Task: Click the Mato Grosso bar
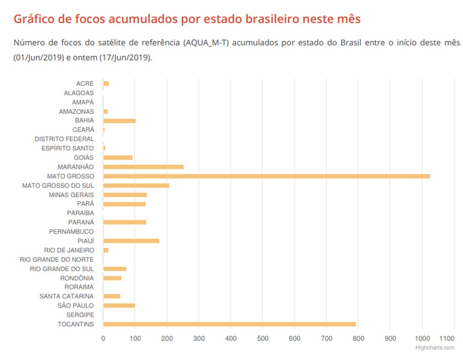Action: [x=266, y=176]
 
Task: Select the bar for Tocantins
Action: [x=229, y=324]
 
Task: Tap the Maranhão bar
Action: [x=143, y=167]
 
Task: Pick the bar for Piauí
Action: [x=131, y=241]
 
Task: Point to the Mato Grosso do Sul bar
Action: [x=136, y=186]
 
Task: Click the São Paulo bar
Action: [x=119, y=305]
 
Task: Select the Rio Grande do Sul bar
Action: [x=114, y=269]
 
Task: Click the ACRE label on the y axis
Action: [x=85, y=84]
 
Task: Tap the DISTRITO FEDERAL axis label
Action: [x=64, y=139]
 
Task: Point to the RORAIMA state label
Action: [x=79, y=287]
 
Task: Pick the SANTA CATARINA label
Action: [x=67, y=296]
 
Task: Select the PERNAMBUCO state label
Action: [x=71, y=231]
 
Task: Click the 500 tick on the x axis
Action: [x=263, y=338]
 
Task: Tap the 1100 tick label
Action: [x=447, y=338]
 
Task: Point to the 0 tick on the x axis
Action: [x=103, y=338]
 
